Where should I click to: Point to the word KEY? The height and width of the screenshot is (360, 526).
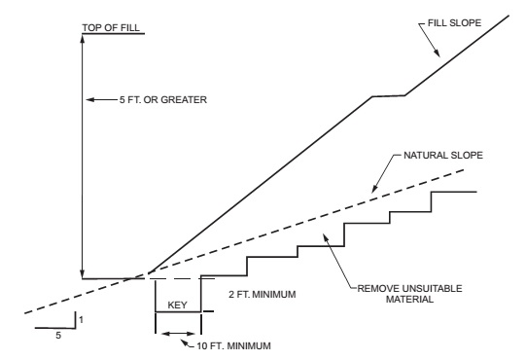(x=177, y=304)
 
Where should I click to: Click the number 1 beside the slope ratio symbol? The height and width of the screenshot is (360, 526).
(x=81, y=319)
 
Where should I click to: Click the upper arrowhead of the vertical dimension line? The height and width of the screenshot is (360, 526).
(x=85, y=40)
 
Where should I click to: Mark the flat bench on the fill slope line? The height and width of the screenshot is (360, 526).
(x=388, y=95)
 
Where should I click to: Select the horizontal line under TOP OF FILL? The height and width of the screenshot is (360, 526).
(x=112, y=34)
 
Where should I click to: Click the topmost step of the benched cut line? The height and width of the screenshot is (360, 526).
(x=453, y=192)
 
